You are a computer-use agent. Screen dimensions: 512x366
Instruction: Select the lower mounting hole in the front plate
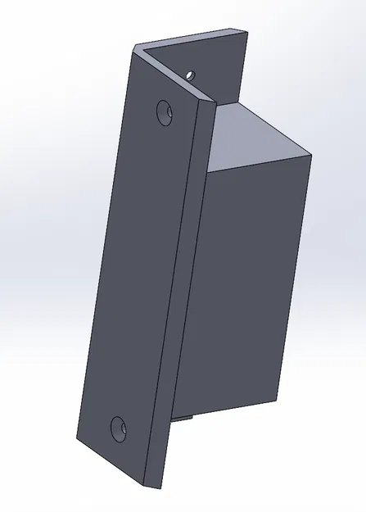[120, 426]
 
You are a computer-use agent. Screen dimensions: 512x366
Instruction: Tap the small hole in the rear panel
[191, 74]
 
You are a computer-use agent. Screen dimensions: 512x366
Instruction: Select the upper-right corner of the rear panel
[246, 31]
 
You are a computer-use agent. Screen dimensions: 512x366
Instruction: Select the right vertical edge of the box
[298, 279]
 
